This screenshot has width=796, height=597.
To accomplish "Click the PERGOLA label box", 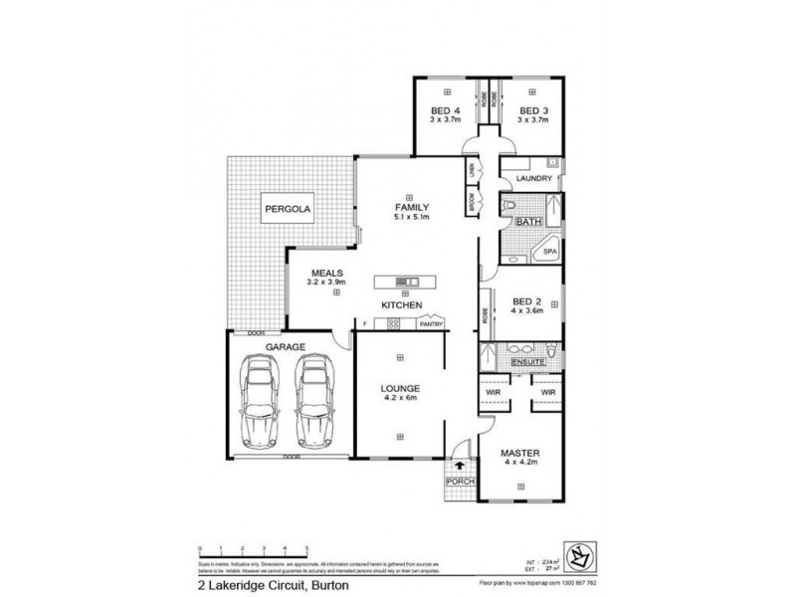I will coord(288,210).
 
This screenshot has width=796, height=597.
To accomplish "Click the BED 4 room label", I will coord(445,110).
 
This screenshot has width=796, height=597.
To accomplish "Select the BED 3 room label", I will coord(533,110).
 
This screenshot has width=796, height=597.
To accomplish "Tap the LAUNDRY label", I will coord(534,179).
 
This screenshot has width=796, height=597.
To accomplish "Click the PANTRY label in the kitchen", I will coord(430,323).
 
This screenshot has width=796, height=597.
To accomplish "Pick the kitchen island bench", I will coord(405,280).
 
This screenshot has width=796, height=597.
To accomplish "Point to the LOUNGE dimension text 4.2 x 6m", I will coord(399,399).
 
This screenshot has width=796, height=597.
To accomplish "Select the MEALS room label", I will coord(327,272).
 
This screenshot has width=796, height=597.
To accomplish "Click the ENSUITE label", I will coord(527,363).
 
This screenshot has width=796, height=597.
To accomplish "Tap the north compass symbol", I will coord(576,550).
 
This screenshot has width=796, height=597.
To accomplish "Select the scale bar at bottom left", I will coord(255,548).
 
